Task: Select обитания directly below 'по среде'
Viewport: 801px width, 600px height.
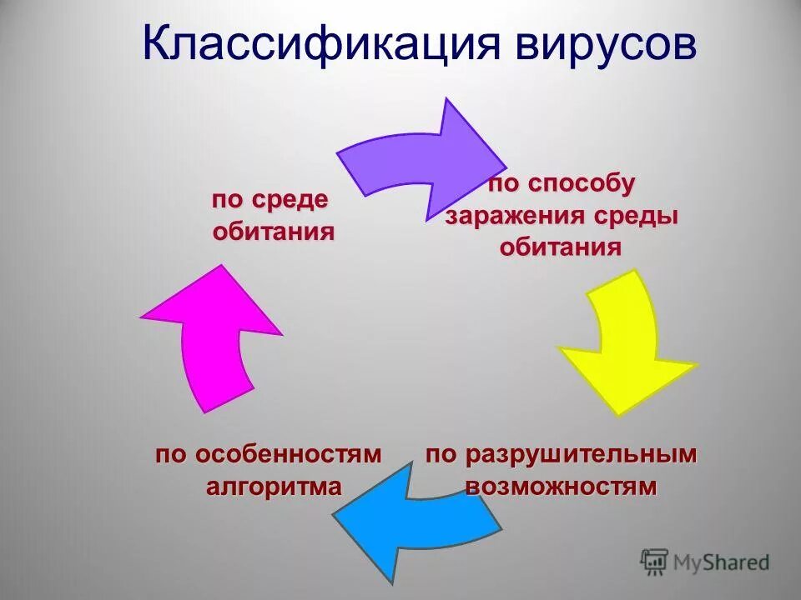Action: pyautogui.click(x=274, y=231)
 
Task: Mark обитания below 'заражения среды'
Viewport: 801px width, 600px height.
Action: pyautogui.click(x=561, y=247)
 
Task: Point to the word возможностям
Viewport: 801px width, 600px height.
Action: pyautogui.click(x=561, y=486)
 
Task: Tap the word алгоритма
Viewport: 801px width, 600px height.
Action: pyautogui.click(x=274, y=486)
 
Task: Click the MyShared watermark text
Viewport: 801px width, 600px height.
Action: pyautogui.click(x=722, y=563)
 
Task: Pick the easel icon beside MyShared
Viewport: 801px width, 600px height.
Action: pyautogui.click(x=654, y=562)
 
